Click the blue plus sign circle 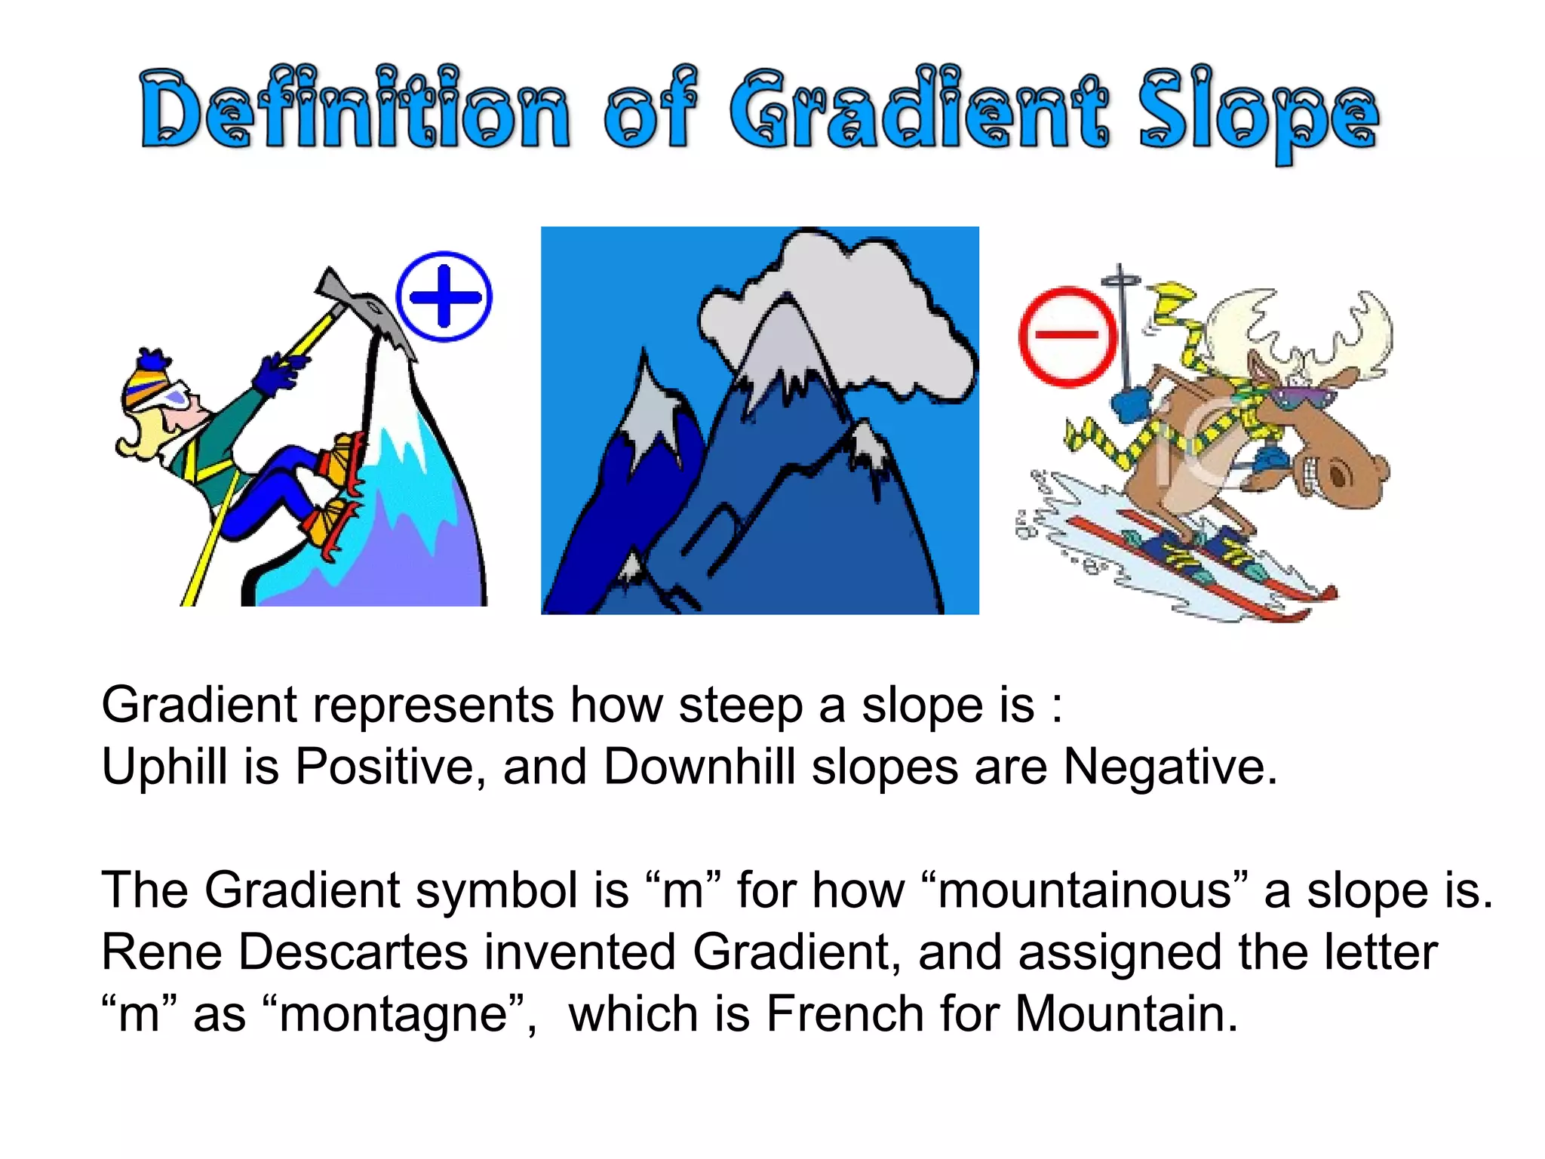[444, 297]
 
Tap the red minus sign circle [1067, 336]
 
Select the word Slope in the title [1258, 117]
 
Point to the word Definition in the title [355, 112]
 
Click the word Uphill [164, 767]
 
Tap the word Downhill [699, 767]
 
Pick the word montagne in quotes [392, 1014]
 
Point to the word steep [740, 706]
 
